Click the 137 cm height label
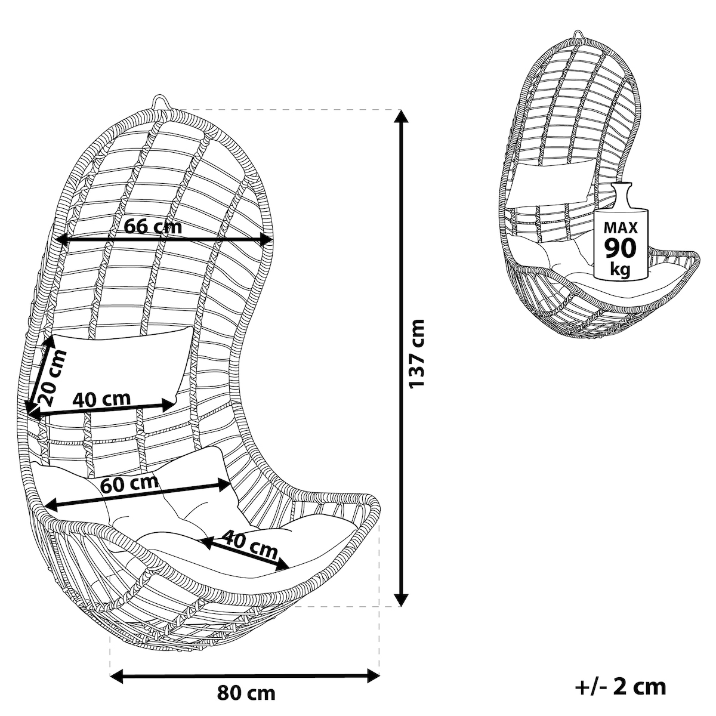[416, 354]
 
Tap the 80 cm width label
[246, 693]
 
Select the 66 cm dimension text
[153, 226]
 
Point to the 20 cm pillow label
[53, 377]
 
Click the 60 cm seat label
[129, 484]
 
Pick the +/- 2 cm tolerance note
[621, 687]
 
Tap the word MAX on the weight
[621, 227]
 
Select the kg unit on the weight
[620, 269]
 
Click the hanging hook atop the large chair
[161, 102]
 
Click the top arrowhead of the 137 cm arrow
[400, 117]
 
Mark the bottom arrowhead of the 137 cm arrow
[400, 600]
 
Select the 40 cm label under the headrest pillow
[101, 399]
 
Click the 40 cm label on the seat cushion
[249, 545]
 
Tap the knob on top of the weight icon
[621, 187]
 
